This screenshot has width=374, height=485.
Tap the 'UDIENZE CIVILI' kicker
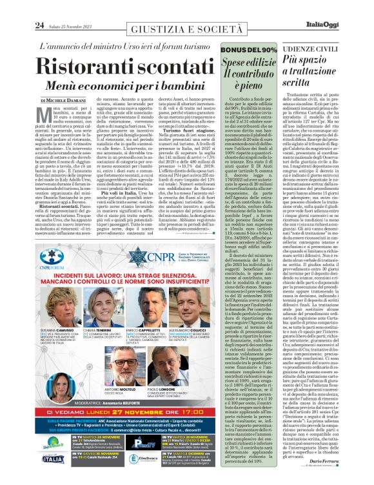320,50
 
